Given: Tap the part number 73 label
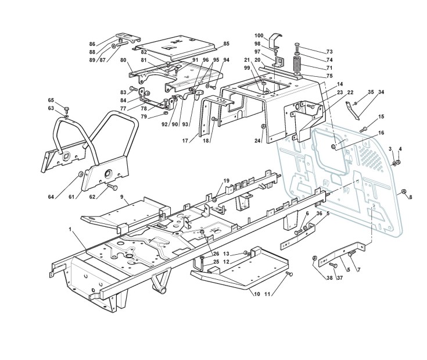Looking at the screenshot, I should [329, 51].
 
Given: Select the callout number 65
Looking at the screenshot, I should [51, 100].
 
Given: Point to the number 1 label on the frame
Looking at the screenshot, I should [70, 231].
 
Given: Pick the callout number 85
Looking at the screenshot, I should [226, 44].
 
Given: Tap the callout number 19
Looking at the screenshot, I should [226, 181].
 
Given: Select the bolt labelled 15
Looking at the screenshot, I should [363, 129].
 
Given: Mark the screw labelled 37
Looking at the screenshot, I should [332, 265].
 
